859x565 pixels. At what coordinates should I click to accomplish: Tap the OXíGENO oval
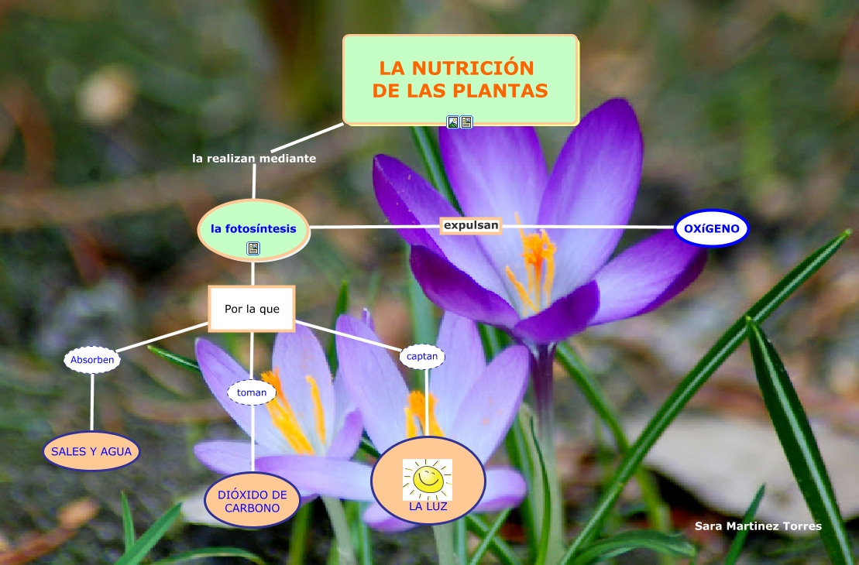pos(712,228)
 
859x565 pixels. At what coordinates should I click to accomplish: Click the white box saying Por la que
pos(252,309)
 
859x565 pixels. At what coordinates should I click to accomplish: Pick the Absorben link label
pos(92,360)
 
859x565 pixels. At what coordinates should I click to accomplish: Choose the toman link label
pos(252,392)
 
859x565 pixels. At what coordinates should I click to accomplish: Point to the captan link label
pos(423,357)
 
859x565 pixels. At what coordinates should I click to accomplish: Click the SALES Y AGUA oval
pos(91,451)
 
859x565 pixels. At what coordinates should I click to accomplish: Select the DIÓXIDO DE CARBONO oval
pos(252,501)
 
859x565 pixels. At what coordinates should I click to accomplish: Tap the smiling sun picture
pos(427,480)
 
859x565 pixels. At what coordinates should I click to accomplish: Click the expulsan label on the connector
pos(470,225)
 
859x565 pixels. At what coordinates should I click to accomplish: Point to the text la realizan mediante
pos(254,158)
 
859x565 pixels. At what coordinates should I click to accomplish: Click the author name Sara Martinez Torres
pos(758,526)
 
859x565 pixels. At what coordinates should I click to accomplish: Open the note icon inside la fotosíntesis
pos(253,248)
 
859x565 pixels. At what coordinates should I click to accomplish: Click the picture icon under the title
pos(453,122)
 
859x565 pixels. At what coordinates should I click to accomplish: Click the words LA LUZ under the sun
pos(428,508)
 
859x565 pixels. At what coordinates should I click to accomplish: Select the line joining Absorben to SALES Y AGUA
pos(92,402)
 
